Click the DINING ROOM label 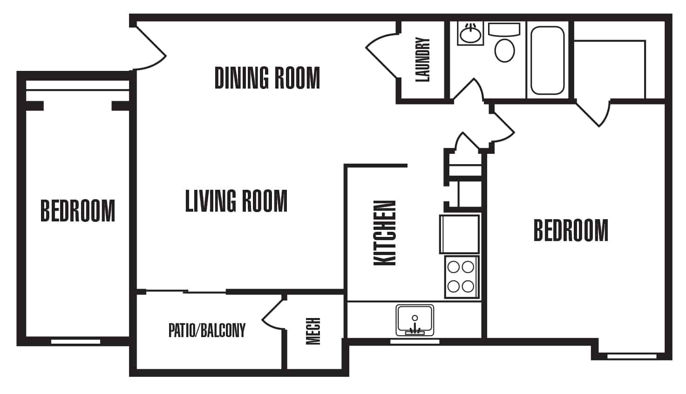(267, 78)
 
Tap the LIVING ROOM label (236, 201)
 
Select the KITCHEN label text (385, 233)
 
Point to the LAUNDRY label (422, 60)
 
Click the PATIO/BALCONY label (207, 331)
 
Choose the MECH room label (313, 331)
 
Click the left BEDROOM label (77, 211)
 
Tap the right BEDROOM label (571, 230)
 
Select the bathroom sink (470, 34)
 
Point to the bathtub (548, 60)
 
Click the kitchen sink (414, 320)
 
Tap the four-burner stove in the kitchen (461, 276)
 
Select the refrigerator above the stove (459, 234)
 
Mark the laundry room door (382, 56)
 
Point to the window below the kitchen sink (414, 342)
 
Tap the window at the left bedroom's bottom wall (75, 342)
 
